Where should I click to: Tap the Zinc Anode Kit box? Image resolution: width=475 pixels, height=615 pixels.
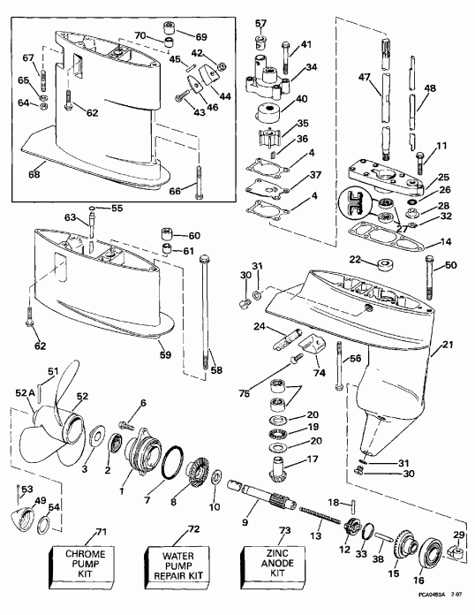coord(268,563)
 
